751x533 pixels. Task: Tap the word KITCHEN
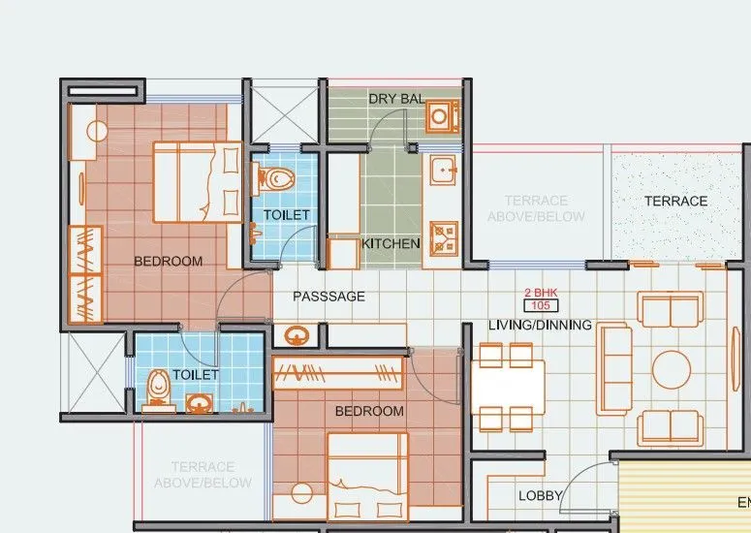(x=391, y=243)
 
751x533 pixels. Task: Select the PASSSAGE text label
(x=329, y=297)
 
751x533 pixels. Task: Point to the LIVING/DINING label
(x=540, y=325)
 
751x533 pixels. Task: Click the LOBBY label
(x=540, y=495)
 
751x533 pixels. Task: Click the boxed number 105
(x=541, y=305)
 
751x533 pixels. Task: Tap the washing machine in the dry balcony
(x=441, y=116)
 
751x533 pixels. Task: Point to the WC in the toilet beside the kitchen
(x=277, y=178)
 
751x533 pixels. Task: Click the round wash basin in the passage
(x=296, y=335)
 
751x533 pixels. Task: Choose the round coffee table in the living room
(x=671, y=369)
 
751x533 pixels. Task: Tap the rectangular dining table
(x=507, y=388)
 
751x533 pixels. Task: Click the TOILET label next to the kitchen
(x=286, y=214)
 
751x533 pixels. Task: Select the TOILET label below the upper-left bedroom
(x=196, y=374)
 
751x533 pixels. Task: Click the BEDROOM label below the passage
(x=369, y=411)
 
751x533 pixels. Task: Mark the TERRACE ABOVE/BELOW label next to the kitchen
(x=536, y=208)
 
